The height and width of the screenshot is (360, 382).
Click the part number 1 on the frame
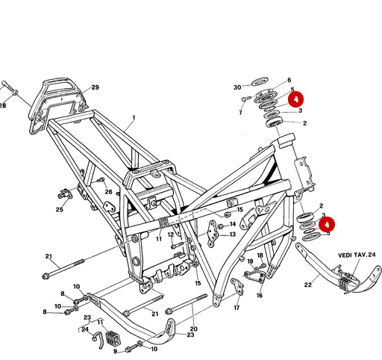tap(134, 118)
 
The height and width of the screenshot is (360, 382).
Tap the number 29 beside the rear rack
tap(95, 88)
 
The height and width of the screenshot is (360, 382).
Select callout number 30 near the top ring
tap(237, 87)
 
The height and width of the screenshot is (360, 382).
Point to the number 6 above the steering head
tap(289, 80)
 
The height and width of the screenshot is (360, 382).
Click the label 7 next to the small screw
tap(241, 112)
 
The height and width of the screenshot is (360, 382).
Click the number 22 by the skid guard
tap(308, 285)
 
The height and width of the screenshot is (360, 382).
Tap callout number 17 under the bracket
tap(237, 307)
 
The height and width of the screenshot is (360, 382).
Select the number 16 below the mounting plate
tap(259, 295)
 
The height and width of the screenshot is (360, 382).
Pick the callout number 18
tap(260, 255)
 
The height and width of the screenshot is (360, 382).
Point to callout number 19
tap(251, 261)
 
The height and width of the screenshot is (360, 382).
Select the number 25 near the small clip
tap(60, 210)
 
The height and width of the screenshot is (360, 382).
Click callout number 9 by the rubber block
tap(116, 351)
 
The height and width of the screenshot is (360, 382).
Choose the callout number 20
tap(194, 329)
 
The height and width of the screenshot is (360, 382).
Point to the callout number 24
tap(85, 329)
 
